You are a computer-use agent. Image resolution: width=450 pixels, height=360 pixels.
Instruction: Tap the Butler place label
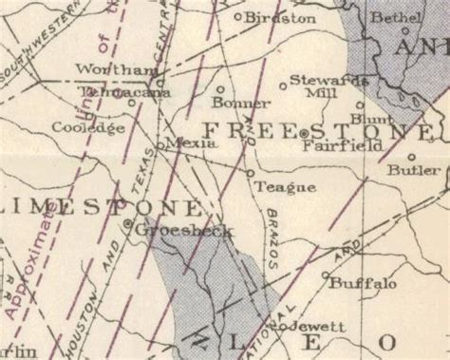point(414,170)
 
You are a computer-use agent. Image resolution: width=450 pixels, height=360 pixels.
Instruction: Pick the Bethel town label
point(397,18)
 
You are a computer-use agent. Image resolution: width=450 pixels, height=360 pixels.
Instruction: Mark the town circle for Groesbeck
point(129,224)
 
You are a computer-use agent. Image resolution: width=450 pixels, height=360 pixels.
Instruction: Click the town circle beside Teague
point(251,174)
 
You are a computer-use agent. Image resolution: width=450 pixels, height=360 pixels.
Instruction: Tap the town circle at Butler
point(411,157)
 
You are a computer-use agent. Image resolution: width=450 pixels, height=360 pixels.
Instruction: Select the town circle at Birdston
point(238,16)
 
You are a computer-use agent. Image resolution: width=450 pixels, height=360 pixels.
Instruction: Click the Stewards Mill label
point(321,86)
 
